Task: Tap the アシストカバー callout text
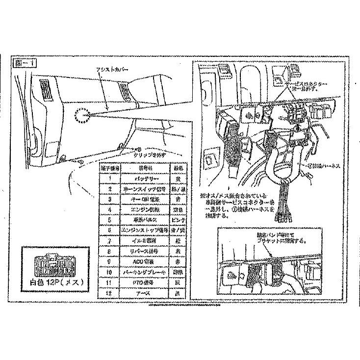(112, 71)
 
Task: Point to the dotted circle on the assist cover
(82, 115)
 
